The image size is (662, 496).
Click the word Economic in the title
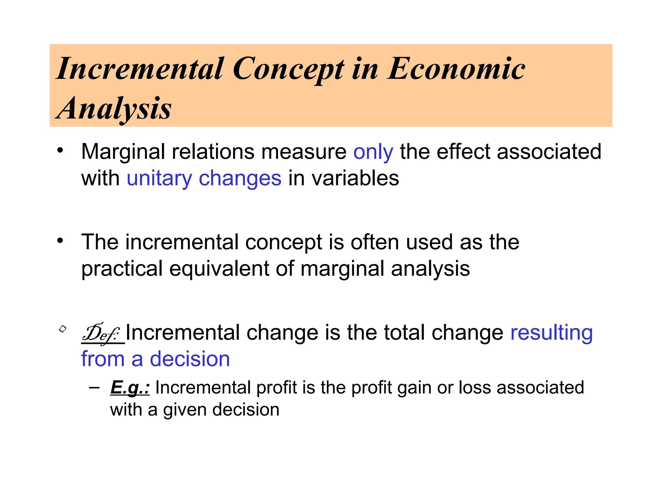(456, 69)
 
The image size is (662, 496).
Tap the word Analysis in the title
(114, 108)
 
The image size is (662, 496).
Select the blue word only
(373, 152)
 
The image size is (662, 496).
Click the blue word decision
(190, 359)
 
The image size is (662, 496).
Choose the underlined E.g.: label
(130, 387)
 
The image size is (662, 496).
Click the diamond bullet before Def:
(63, 329)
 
